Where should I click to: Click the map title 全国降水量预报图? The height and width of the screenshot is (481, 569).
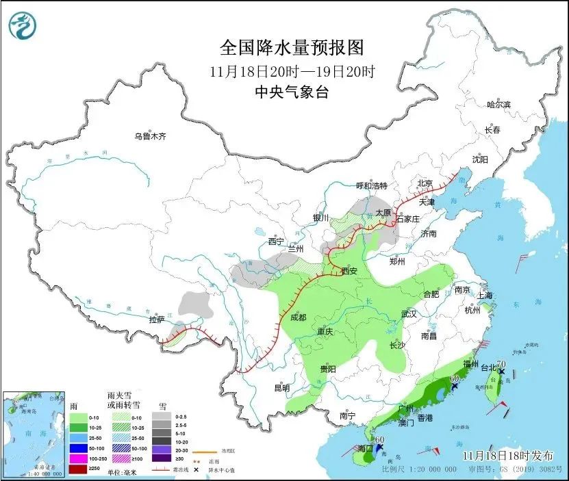(291, 47)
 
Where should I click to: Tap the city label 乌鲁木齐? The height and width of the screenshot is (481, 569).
(150, 136)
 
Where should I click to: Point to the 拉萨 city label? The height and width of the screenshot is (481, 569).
(157, 320)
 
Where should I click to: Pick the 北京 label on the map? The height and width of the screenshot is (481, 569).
(425, 183)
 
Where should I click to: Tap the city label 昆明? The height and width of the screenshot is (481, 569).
(281, 388)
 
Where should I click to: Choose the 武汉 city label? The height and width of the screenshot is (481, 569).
(409, 314)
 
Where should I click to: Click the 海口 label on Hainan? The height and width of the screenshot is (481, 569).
(366, 448)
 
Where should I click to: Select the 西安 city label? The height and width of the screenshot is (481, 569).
(349, 271)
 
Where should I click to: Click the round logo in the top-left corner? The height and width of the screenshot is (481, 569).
(23, 26)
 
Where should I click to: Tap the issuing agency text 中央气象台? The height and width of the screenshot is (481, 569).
(291, 92)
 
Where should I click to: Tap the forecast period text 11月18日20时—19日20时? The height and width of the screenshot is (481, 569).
(291, 70)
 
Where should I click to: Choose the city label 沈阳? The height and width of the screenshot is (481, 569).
(479, 159)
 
